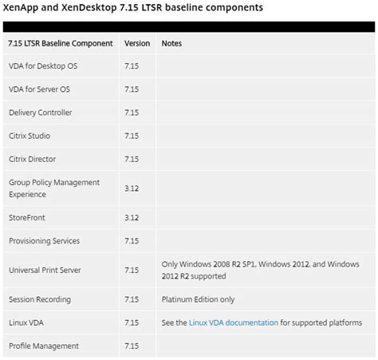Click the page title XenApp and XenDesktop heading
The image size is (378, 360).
132,7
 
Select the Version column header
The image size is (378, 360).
137,43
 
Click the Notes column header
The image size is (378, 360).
171,43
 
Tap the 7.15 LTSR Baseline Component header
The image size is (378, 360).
61,43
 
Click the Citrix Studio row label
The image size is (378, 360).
30,136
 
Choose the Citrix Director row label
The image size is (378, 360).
33,159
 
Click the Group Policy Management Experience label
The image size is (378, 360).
54,188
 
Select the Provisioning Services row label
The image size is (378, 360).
45,240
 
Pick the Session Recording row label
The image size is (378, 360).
40,299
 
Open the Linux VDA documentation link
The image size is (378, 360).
234,322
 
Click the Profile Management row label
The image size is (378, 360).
44,346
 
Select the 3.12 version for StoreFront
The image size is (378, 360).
132,217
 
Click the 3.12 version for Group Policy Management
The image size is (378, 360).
132,188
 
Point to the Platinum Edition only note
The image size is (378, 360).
199,299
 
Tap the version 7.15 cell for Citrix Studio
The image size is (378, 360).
132,136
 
